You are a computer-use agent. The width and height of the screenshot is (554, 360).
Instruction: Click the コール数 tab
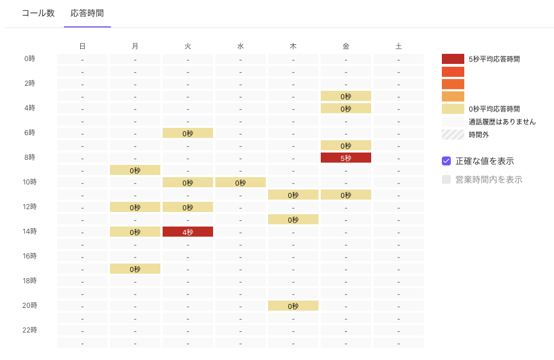38,13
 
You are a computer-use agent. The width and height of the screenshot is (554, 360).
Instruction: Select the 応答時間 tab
87,13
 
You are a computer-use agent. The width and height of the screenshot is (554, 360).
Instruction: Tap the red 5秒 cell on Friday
346,158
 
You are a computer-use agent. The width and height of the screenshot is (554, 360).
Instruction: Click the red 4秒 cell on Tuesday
188,232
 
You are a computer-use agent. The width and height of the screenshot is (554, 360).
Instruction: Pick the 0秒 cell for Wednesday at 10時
240,182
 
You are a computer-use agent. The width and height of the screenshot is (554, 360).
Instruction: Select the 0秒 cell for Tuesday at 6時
188,133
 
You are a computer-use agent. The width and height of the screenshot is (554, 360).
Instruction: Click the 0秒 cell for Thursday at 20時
293,306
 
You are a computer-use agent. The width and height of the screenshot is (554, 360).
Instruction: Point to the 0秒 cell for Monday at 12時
135,207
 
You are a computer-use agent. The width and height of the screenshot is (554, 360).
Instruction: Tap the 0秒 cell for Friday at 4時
346,108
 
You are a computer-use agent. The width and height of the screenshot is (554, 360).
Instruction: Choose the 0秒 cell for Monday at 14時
135,232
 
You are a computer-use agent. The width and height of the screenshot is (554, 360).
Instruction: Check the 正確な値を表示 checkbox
446,161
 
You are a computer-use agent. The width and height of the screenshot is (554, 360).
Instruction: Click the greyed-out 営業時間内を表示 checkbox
446,179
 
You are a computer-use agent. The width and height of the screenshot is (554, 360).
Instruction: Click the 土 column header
399,47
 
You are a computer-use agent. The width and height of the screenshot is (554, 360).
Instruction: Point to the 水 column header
240,47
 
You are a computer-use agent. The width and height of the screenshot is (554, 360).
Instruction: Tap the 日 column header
82,47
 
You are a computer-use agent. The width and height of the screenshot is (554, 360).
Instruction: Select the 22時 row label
30,330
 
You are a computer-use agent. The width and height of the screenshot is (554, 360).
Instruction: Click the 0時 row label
30,59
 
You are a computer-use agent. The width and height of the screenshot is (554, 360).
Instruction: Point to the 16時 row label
30,256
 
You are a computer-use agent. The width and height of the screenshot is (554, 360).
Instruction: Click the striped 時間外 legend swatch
453,135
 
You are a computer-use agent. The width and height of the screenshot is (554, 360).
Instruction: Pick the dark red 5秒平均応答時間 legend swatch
453,59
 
